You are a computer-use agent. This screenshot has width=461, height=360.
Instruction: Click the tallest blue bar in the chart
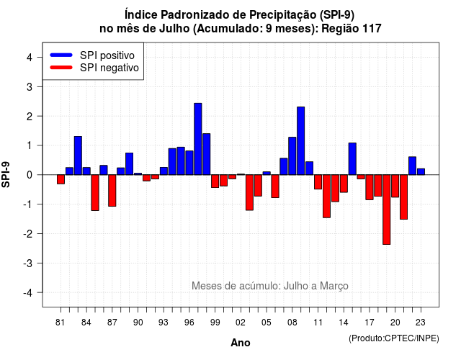tap(198, 139)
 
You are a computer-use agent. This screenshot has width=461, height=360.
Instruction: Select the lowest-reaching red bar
tap(386, 210)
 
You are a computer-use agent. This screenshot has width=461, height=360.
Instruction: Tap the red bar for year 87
tap(112, 190)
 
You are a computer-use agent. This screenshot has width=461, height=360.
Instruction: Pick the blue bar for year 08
tap(292, 156)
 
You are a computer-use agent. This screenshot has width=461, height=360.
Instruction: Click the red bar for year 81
tap(61, 179)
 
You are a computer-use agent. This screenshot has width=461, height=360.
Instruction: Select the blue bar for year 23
tap(421, 171)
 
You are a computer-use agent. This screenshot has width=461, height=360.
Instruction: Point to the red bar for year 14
tap(344, 184)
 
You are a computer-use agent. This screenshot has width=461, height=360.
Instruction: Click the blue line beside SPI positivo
tap(61, 55)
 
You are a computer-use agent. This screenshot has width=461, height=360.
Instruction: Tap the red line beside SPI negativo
tap(61, 68)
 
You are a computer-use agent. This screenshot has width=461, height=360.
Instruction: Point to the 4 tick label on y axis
tap(30, 58)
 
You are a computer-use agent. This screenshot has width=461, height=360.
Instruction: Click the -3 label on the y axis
tap(28, 264)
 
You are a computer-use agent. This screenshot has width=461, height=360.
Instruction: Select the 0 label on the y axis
tap(30, 175)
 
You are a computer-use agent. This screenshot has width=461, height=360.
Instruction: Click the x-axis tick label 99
tap(215, 323)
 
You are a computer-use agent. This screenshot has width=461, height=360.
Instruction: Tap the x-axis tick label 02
tap(241, 323)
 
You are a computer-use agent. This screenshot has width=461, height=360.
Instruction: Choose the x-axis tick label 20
tap(395, 323)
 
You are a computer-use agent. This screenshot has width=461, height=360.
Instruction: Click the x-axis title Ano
tap(241, 343)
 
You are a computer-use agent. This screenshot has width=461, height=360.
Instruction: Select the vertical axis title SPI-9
tap(6, 175)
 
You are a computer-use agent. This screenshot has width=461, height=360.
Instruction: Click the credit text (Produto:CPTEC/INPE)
tap(394, 338)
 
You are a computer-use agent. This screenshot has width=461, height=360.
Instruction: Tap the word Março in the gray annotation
tap(334, 286)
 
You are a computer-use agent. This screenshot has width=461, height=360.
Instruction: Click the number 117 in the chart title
tap(372, 29)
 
